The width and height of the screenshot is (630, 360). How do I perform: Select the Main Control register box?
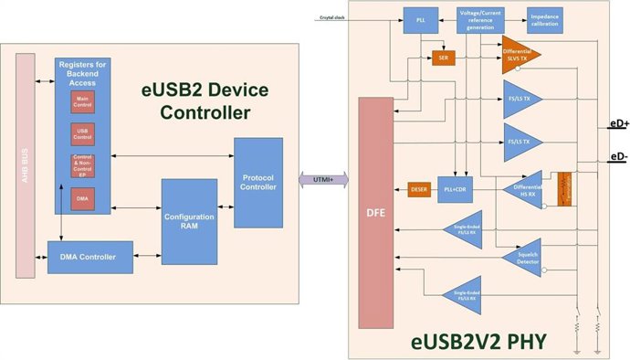[83, 101]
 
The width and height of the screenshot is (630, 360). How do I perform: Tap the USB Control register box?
[83, 134]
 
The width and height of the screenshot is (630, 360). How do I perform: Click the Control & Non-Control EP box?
[83, 165]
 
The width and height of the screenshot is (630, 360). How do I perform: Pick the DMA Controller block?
[89, 257]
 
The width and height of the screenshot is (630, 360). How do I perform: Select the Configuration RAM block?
[189, 221]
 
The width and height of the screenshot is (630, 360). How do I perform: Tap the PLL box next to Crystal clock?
[420, 17]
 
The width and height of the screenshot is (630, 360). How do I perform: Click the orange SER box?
[444, 57]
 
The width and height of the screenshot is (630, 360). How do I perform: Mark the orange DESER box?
[419, 190]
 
